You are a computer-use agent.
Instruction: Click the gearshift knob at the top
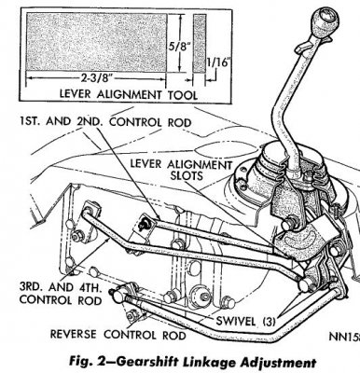325,22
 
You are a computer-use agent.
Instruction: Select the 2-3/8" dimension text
96,77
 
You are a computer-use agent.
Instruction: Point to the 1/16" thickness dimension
218,62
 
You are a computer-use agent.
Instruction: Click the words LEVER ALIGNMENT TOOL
128,94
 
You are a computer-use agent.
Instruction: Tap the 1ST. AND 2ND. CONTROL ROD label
105,122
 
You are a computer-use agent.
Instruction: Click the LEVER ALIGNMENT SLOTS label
181,170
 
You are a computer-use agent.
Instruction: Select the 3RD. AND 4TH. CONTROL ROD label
61,294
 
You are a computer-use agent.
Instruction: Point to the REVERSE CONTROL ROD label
118,335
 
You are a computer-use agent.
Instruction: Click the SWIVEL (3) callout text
245,321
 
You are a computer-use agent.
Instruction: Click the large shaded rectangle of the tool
96,42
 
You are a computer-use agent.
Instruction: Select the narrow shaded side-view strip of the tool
200,43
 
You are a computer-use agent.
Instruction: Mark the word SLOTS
187,176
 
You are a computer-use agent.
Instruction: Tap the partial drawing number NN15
344,337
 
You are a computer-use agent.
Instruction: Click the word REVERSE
74,335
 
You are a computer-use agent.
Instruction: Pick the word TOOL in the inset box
184,94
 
